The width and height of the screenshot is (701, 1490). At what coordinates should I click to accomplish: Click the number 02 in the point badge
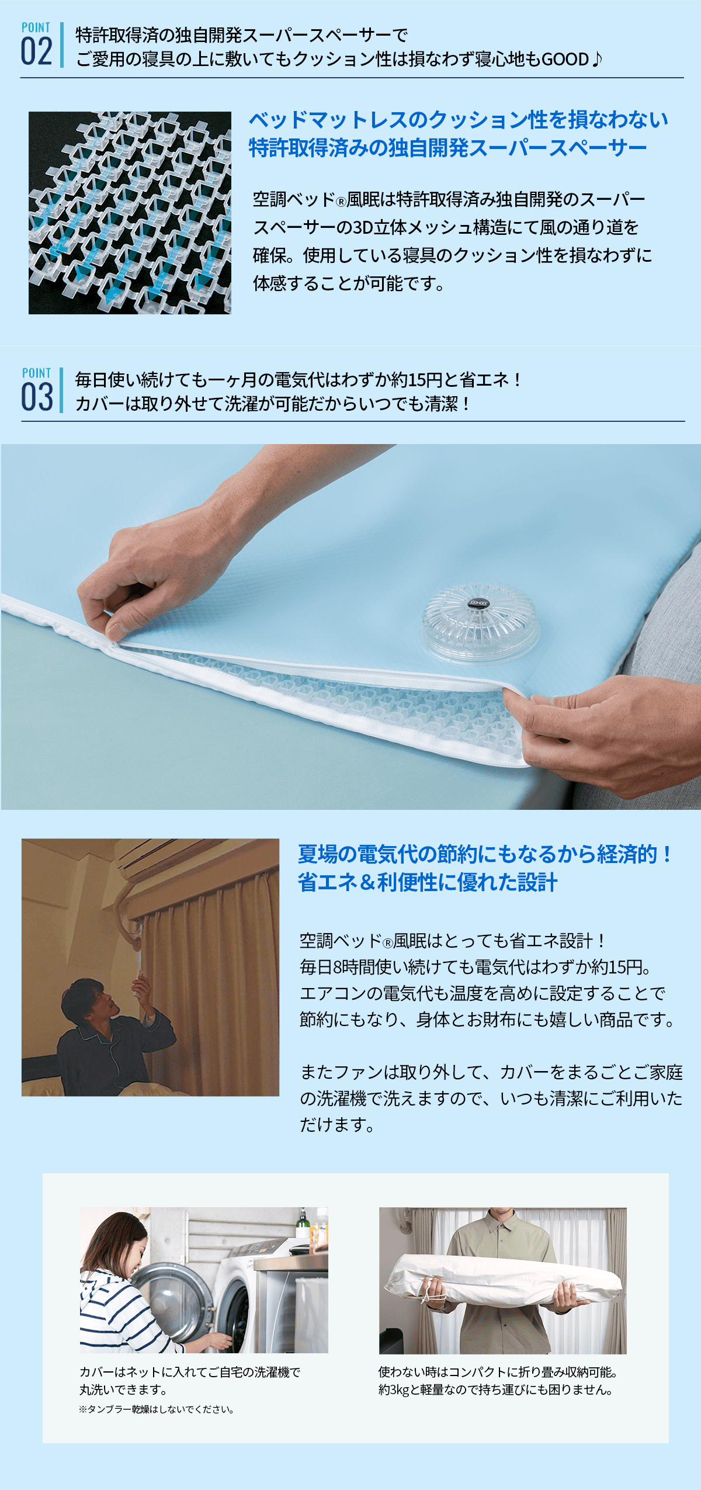pos(37,51)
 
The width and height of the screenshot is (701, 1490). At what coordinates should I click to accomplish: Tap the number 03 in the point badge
pos(37,397)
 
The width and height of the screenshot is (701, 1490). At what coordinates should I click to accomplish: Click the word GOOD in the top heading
pos(565,59)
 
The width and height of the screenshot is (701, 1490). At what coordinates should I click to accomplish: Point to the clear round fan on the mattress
pos(480,621)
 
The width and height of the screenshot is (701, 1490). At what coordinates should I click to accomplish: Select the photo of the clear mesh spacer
pos(130,213)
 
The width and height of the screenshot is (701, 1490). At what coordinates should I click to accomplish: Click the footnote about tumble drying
pos(157,1409)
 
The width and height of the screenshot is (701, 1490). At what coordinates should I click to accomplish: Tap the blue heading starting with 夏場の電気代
pos(485,854)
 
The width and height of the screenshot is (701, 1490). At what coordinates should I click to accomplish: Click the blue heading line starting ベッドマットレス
pos(459,120)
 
